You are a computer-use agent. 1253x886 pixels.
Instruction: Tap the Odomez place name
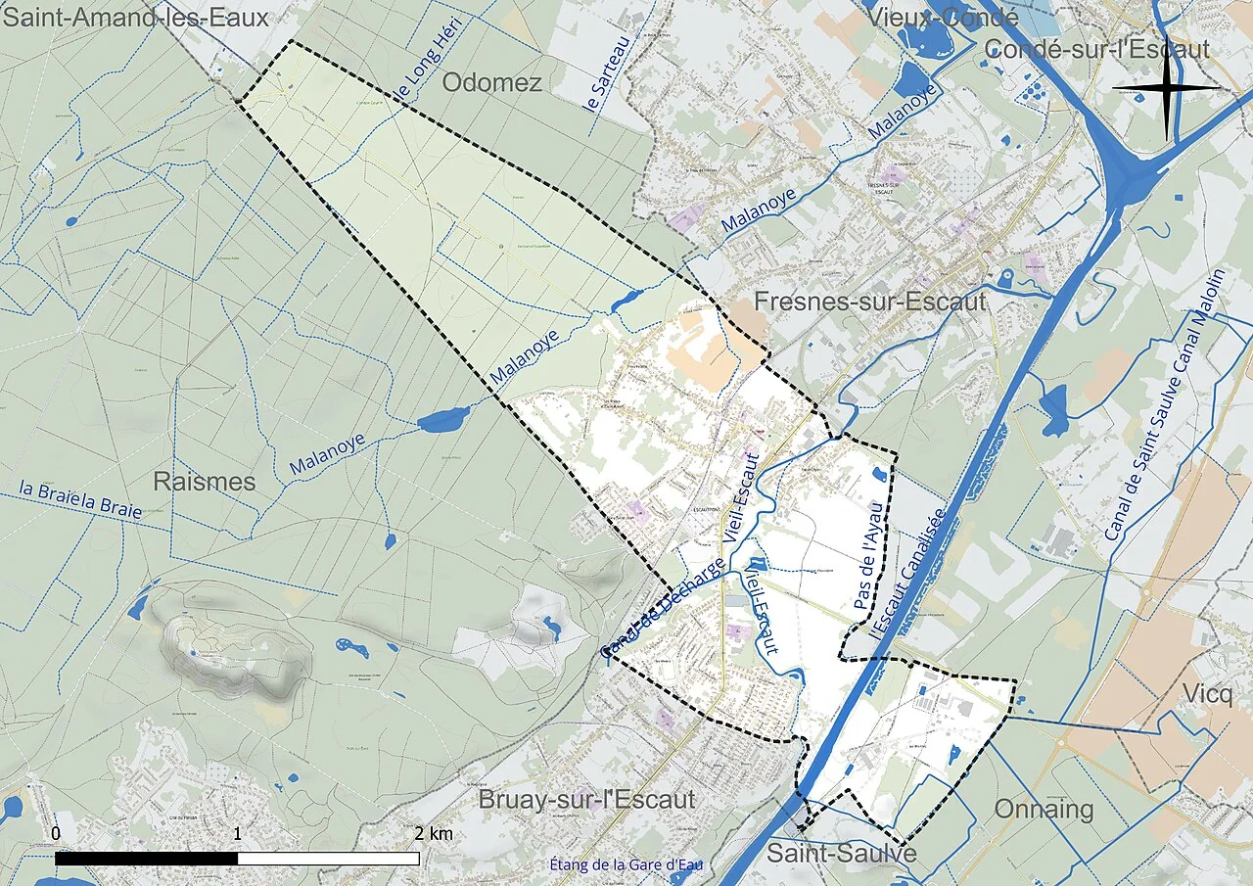(491, 82)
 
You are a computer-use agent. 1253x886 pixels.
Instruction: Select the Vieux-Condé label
(935, 18)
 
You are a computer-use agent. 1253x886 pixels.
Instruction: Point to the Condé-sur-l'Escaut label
(1096, 49)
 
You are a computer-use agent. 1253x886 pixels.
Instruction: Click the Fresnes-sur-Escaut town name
(869, 302)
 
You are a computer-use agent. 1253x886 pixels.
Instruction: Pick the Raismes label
(204, 482)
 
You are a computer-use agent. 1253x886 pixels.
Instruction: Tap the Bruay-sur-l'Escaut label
(586, 799)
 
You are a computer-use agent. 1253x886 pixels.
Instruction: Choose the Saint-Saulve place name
(841, 854)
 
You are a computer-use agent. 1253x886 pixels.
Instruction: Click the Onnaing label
(1044, 810)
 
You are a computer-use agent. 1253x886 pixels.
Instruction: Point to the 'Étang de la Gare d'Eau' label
(626, 864)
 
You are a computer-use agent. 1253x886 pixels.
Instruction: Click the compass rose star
(1167, 88)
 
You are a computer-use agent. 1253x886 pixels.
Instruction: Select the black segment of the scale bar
(147, 859)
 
